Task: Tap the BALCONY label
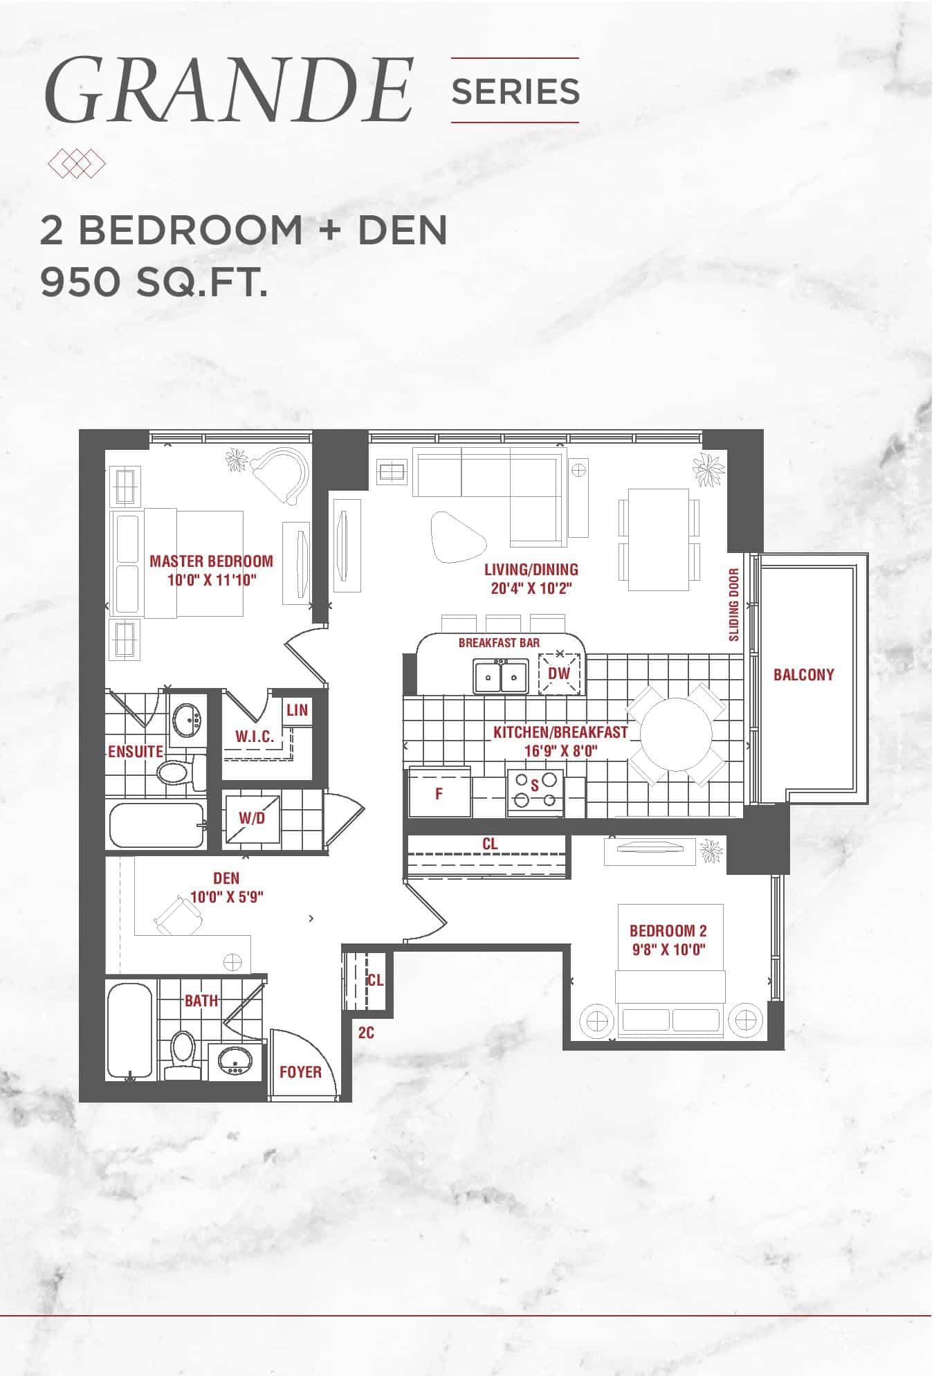pyautogui.click(x=803, y=674)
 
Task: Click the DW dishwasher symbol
pyautogui.click(x=559, y=673)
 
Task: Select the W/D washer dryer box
pyautogui.click(x=252, y=818)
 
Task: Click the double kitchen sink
pyautogui.click(x=502, y=676)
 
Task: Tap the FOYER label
pyautogui.click(x=300, y=1072)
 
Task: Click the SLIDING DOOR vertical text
pyautogui.click(x=734, y=604)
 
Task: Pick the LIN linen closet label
pyautogui.click(x=297, y=710)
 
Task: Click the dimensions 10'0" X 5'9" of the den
pyautogui.click(x=226, y=897)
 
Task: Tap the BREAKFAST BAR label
pyautogui.click(x=499, y=642)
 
